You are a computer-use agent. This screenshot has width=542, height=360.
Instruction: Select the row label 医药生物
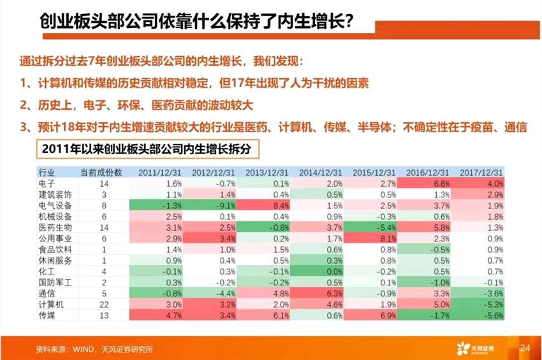coord(55,227)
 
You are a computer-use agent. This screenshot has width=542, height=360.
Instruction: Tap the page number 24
coord(525,348)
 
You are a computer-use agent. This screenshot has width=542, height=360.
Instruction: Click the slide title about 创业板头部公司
coord(195,22)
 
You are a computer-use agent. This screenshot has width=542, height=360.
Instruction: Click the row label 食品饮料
coord(55,250)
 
